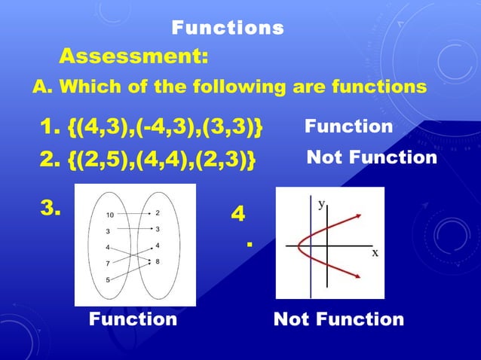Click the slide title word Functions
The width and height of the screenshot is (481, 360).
pyautogui.click(x=228, y=29)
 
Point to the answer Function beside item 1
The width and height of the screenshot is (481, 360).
pyautogui.click(x=348, y=127)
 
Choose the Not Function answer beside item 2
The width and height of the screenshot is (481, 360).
pyautogui.click(x=372, y=157)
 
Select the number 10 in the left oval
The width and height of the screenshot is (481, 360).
pyautogui.click(x=110, y=215)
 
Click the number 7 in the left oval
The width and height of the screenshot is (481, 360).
pyautogui.click(x=109, y=264)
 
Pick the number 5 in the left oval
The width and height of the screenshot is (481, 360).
pyautogui.click(x=109, y=280)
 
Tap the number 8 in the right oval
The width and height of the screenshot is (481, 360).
pyautogui.click(x=158, y=261)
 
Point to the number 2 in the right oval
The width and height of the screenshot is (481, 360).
pyautogui.click(x=158, y=213)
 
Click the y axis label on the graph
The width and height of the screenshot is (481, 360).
pyautogui.click(x=322, y=203)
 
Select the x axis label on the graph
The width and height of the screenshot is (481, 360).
pyautogui.click(x=374, y=253)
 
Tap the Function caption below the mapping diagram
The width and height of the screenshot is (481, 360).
pyautogui.click(x=133, y=319)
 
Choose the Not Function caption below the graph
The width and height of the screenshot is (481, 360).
pyautogui.click(x=339, y=319)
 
